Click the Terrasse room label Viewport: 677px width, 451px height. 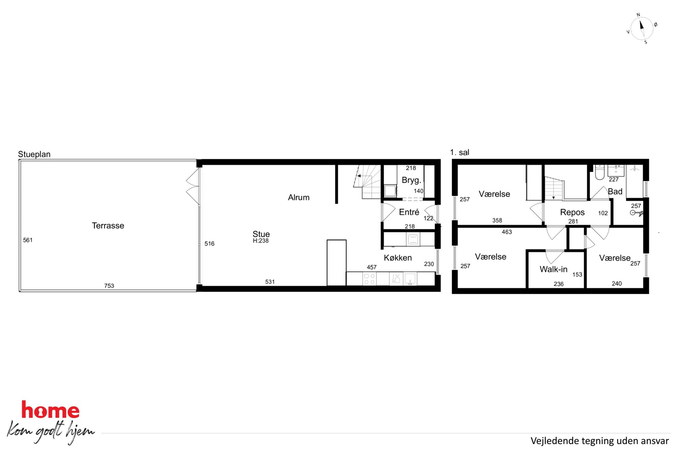pyautogui.click(x=108, y=226)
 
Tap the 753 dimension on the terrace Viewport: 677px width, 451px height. pyautogui.click(x=109, y=286)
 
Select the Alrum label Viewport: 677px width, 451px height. pyautogui.click(x=299, y=197)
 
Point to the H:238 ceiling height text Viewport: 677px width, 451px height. pyautogui.click(x=261, y=241)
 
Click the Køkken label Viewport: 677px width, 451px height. pyautogui.click(x=398, y=258)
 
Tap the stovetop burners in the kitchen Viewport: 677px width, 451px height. pyautogui.click(x=369, y=279)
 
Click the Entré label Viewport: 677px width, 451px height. pyautogui.click(x=409, y=212)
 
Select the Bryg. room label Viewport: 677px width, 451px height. pyautogui.click(x=412, y=180)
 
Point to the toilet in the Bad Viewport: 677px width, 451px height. pyautogui.click(x=600, y=172)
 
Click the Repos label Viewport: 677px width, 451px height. pyautogui.click(x=572, y=212)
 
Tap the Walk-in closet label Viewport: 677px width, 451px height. pyautogui.click(x=553, y=269)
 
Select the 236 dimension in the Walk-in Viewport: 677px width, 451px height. pyautogui.click(x=559, y=284)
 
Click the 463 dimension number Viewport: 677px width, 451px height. pyautogui.click(x=507, y=232)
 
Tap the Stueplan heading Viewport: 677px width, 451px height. pyautogui.click(x=34, y=154)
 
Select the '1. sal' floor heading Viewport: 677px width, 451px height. pyautogui.click(x=460, y=152)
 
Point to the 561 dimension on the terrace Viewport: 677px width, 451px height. pyautogui.click(x=28, y=240)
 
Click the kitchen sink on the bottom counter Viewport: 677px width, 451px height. pyautogui.click(x=410, y=279)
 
